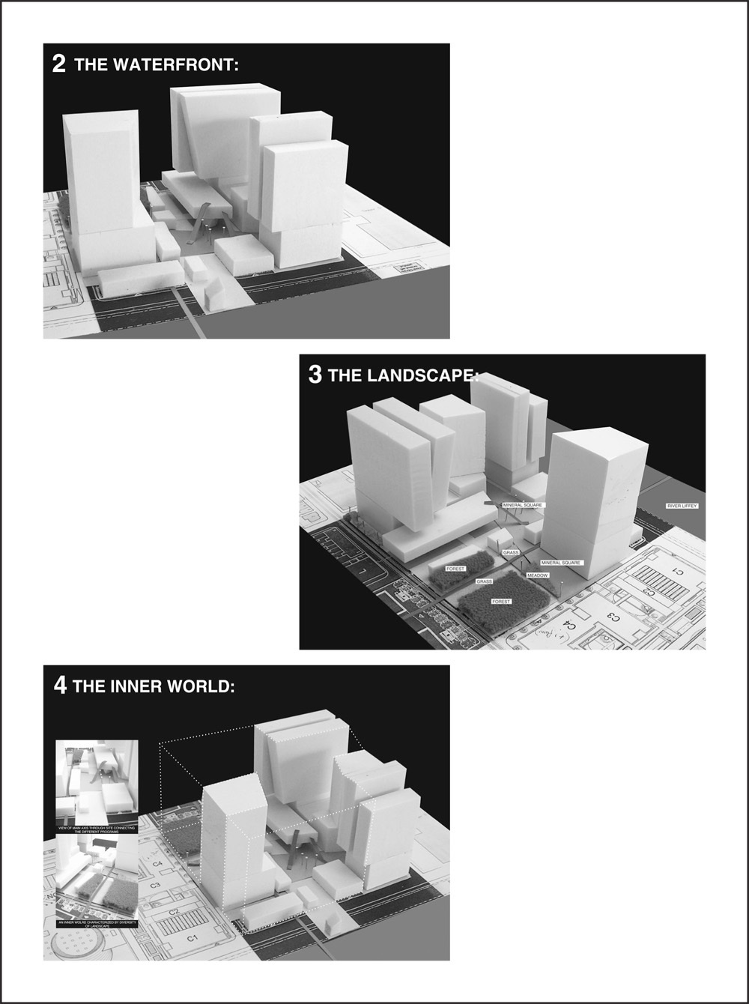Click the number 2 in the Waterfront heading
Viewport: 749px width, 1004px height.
coord(58,64)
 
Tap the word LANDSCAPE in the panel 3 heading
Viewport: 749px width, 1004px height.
coord(420,375)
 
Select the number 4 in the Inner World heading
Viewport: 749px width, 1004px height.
coord(60,686)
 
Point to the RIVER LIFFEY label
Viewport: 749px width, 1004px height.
coord(682,506)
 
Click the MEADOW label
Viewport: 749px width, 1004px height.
coord(537,575)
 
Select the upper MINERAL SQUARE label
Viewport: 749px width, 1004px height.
coord(522,506)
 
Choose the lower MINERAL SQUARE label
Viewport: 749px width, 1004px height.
coord(560,562)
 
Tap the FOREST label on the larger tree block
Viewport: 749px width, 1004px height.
coord(501,602)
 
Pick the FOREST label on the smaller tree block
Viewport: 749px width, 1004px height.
coord(455,569)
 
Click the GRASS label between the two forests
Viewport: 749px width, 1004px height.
coord(484,581)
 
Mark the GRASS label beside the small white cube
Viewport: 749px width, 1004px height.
coord(511,552)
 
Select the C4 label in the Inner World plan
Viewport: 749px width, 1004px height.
coord(158,864)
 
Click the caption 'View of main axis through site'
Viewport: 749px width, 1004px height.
coord(97,830)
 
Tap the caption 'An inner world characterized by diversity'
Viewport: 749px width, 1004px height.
coord(97,925)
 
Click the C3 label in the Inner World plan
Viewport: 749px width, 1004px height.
coord(154,886)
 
